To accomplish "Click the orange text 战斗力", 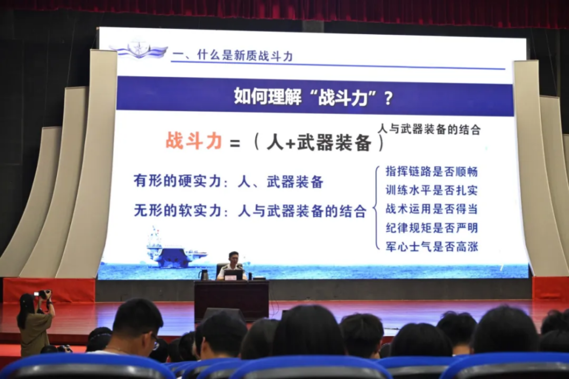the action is (194, 141).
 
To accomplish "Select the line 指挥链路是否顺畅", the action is (432, 171).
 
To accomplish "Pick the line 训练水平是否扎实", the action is (432, 190).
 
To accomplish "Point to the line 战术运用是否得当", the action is (432, 209).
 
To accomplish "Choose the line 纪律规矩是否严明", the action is (432, 228).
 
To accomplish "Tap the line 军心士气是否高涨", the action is (432, 246).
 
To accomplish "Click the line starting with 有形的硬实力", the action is (228, 182).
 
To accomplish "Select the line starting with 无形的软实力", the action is (250, 211).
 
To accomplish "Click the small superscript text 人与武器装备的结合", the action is (429, 129).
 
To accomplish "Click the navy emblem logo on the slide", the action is (138, 48).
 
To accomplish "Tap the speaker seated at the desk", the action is (233, 265).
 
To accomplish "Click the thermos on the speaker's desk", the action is (204, 275).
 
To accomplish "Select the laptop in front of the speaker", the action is (233, 275).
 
